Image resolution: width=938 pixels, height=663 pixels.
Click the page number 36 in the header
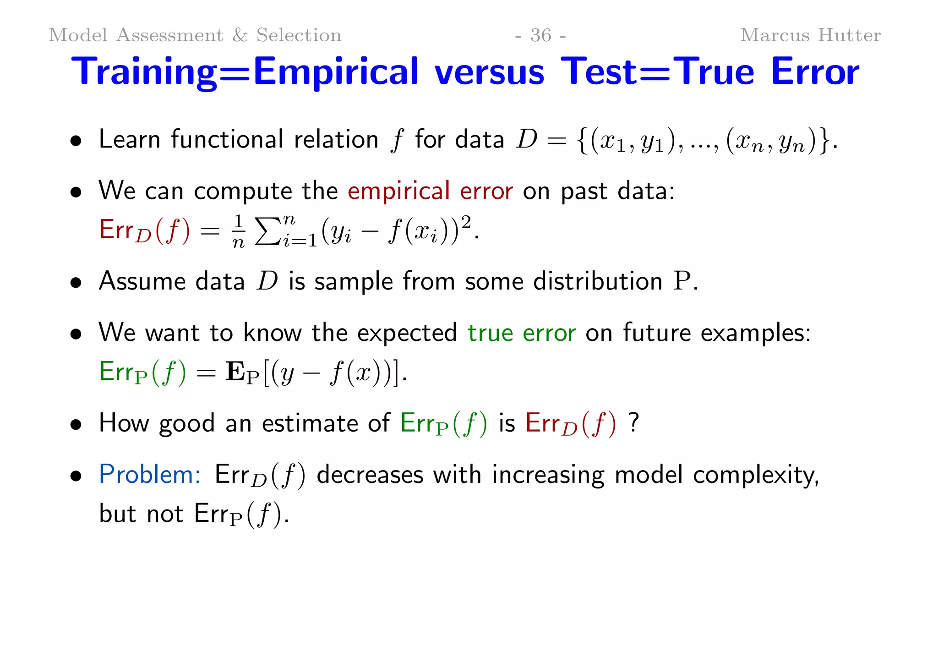(540, 35)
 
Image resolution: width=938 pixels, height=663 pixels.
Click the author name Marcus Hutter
(810, 35)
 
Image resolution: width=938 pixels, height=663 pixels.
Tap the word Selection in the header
(299, 35)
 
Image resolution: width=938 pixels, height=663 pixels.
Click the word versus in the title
(489, 72)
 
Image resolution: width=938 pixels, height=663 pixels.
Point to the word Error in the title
(815, 72)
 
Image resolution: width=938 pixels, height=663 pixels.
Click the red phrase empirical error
(430, 191)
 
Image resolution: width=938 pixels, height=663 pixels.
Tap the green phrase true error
(521, 333)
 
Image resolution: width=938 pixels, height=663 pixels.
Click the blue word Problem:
(150, 474)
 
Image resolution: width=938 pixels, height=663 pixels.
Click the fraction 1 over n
(238, 231)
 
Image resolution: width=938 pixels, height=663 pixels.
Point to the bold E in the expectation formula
(235, 372)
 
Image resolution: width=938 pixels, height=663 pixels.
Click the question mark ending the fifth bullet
(633, 422)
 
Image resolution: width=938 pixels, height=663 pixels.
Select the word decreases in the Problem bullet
(370, 475)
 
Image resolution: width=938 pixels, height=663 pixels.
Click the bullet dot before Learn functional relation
(76, 141)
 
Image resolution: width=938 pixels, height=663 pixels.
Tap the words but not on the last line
(141, 514)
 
